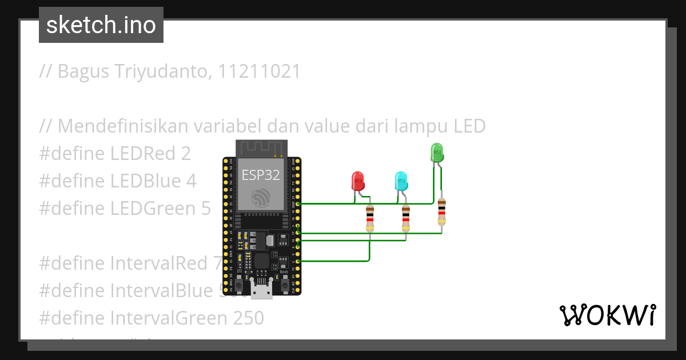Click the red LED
tap(358, 181)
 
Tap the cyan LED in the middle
tap(401, 181)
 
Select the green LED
tap(437, 153)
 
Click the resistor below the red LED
tap(370, 218)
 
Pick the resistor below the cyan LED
tap(405, 218)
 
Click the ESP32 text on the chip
tap(261, 174)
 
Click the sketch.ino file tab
tap(101, 25)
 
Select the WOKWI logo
tap(607, 315)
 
